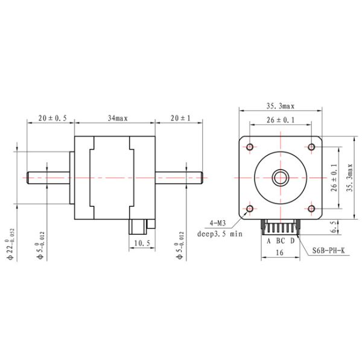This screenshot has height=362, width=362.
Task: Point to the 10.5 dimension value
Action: pos(141,243)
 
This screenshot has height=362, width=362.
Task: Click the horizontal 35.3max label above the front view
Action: pos(281,106)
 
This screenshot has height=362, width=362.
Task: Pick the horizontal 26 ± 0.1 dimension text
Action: pos(281,121)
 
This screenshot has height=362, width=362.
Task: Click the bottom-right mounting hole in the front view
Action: pos(311,209)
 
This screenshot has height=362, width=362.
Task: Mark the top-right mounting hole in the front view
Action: pos(311,147)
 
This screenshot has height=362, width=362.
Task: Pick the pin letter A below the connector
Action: pos(268,241)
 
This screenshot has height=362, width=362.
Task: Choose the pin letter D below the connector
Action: pos(292,241)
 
